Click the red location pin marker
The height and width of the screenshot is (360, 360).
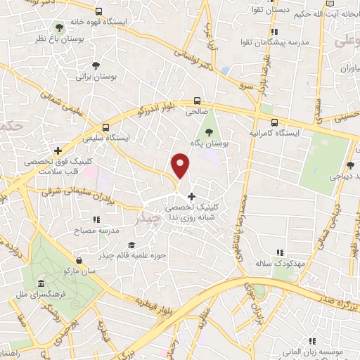tap(181, 165)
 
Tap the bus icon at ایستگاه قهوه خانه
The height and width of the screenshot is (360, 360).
tap(98, 12)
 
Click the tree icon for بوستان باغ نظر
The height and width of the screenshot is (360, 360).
tap(58, 26)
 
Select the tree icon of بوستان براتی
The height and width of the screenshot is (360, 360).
tap(96, 66)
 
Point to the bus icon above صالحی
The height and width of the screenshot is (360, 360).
tap(198, 101)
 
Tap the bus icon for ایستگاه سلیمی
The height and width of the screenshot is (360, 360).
tap(105, 128)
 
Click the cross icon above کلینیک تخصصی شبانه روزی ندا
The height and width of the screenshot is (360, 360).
tap(191, 196)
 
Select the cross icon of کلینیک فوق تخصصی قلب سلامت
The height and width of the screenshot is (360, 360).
tap(58, 150)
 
